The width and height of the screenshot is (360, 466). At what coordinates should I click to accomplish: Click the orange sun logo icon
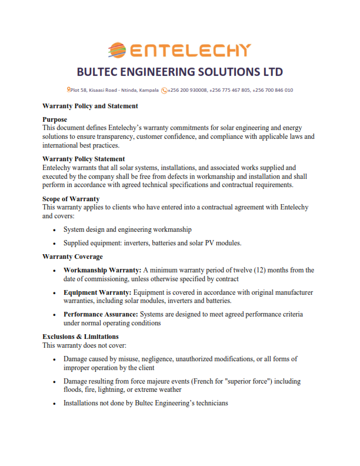118,50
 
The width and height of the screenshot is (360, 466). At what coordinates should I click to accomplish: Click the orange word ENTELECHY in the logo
189,51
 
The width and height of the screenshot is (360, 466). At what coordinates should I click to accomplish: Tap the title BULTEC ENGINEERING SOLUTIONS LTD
180,72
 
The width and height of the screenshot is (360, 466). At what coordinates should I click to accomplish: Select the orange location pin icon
69,90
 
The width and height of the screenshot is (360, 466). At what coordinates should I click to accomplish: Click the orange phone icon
164,90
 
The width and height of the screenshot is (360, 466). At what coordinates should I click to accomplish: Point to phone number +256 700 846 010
273,90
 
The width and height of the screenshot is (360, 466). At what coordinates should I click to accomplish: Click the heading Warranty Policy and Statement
90,106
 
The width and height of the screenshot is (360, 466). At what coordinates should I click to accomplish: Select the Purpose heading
55,119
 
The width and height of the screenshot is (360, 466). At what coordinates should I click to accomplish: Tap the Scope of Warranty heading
71,199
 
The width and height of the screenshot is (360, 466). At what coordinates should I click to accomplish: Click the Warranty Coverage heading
72,257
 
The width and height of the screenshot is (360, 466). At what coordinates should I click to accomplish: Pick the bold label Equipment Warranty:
98,292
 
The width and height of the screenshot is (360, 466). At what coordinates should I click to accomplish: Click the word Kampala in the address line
149,90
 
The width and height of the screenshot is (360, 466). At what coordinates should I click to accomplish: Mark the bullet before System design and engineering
55,229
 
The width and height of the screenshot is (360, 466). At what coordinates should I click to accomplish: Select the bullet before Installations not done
55,404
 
